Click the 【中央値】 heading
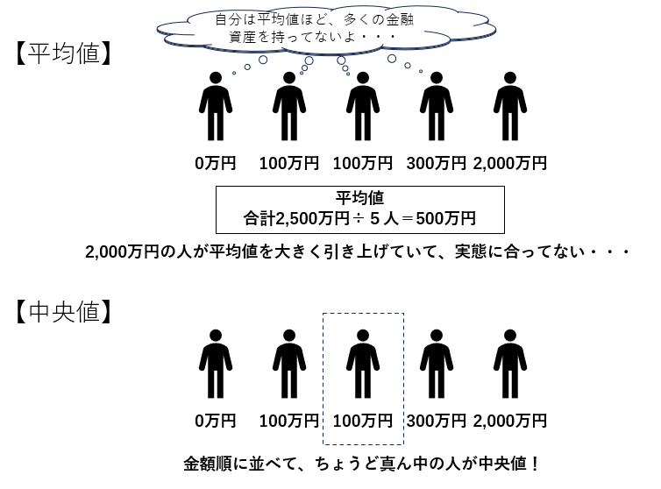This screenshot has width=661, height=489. (x=62, y=312)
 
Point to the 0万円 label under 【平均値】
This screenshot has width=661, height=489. (x=216, y=164)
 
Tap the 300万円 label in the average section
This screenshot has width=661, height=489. (x=437, y=164)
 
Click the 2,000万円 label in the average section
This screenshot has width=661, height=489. (x=510, y=164)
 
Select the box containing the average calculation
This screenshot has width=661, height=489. (x=359, y=209)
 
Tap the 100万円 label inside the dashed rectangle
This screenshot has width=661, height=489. (x=363, y=421)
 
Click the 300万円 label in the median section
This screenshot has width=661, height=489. (x=437, y=421)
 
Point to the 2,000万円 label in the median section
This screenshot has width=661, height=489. (x=510, y=421)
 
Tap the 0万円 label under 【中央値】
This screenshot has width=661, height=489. (x=216, y=421)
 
